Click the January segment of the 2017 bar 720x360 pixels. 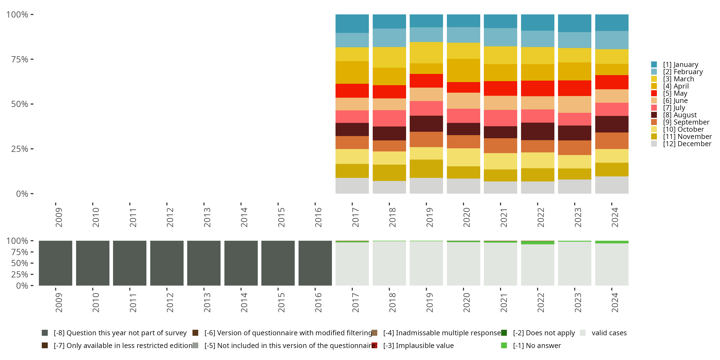[x=352, y=24]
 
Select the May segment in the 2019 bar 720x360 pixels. [x=426, y=80]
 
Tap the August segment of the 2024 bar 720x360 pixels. [x=612, y=124]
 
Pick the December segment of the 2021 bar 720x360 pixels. [x=500, y=187]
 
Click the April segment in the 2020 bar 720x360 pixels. [x=463, y=70]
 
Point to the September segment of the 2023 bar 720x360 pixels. [x=574, y=148]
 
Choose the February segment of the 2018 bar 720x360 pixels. [x=389, y=37]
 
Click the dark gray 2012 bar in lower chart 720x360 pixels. [x=167, y=263]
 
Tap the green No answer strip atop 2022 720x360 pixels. [x=538, y=243]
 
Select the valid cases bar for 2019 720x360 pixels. [x=426, y=263]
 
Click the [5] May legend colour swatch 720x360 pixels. [x=654, y=93]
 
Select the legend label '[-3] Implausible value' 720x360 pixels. [x=418, y=345]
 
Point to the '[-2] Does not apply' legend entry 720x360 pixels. [x=544, y=333]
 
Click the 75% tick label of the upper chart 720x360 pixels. [x=20, y=59]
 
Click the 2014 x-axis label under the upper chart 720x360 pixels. [x=244, y=217]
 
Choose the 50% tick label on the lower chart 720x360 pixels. [x=20, y=263]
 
